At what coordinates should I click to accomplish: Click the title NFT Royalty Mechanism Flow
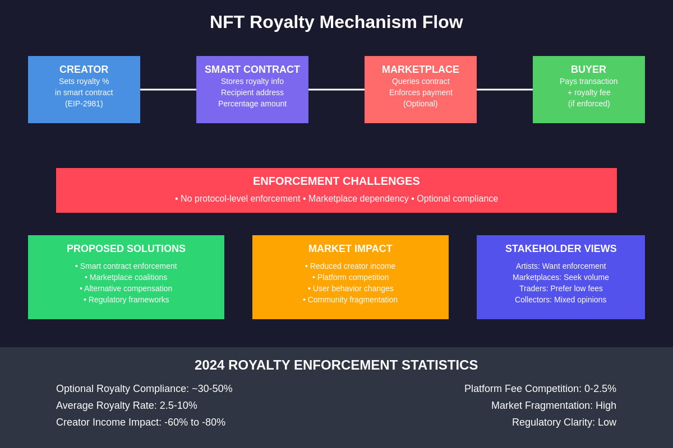click(336, 22)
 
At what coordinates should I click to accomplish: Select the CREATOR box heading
click(84, 69)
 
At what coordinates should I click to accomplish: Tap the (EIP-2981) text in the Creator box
click(84, 104)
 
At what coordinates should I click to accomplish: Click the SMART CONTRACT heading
click(252, 69)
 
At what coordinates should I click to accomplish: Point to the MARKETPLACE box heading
click(421, 69)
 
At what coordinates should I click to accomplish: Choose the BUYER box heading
click(588, 69)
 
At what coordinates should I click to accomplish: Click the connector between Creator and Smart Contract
click(168, 90)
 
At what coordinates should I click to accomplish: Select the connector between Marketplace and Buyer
click(505, 90)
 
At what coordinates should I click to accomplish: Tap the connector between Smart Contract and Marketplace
click(336, 90)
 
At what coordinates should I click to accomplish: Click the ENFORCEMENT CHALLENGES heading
click(336, 181)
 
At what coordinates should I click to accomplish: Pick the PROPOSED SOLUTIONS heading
click(126, 249)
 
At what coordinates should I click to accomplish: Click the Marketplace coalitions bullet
click(126, 277)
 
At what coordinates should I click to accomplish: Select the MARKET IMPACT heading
click(351, 249)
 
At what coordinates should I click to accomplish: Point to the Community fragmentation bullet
click(351, 300)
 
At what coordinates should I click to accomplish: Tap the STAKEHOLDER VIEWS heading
click(561, 249)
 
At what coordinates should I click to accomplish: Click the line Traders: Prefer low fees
click(561, 288)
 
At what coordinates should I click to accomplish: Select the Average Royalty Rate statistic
click(127, 405)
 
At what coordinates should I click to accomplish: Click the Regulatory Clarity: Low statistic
click(564, 422)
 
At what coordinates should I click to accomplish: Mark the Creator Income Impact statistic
click(141, 422)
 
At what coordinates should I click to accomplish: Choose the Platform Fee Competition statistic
click(540, 389)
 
